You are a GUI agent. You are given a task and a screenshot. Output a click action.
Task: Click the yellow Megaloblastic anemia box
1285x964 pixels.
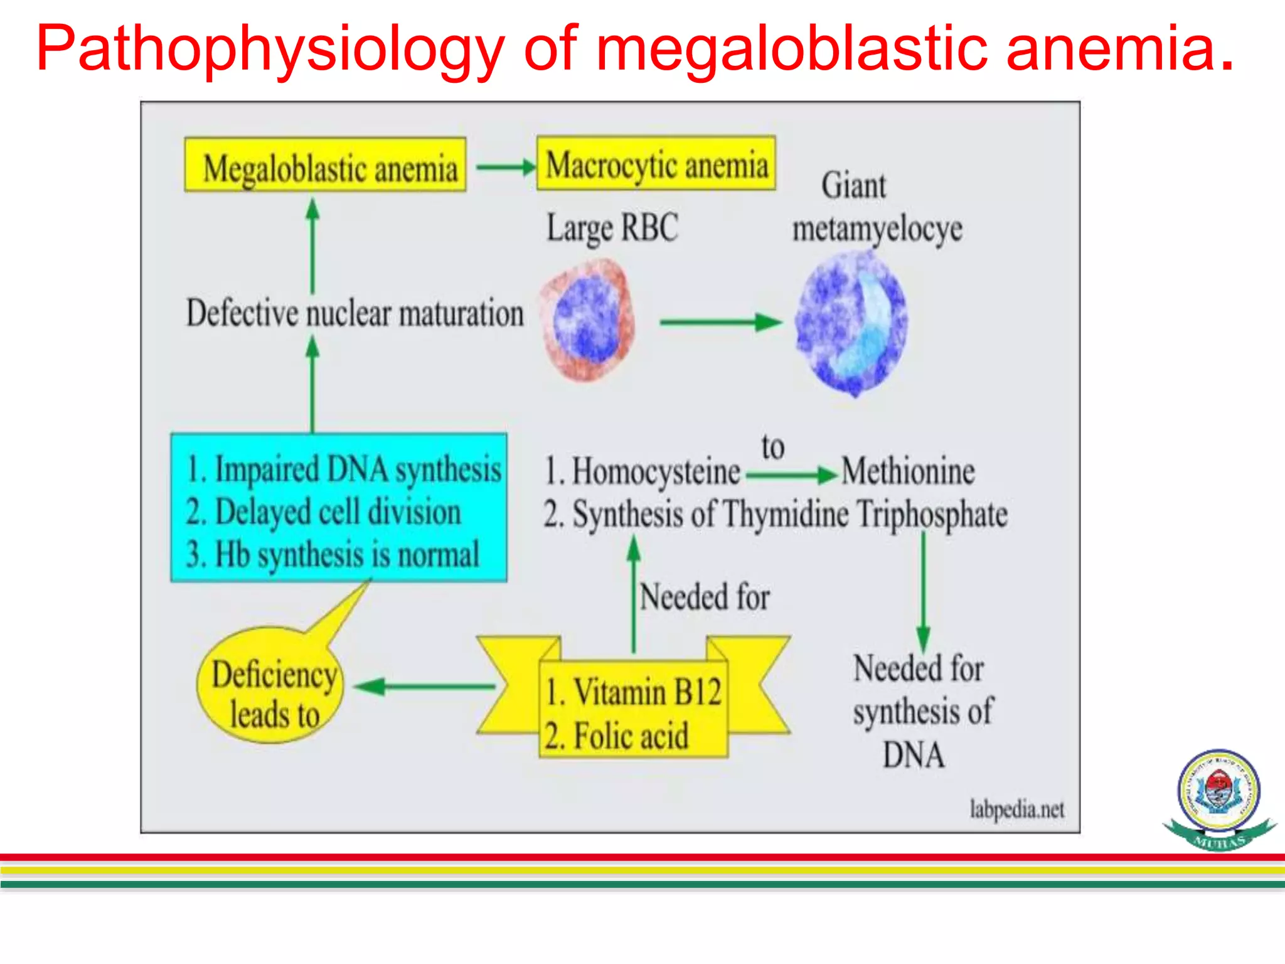[x=325, y=165]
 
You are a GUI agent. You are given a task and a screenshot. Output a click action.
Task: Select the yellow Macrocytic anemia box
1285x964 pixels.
[x=656, y=163]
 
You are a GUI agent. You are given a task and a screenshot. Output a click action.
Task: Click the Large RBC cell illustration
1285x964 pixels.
[x=588, y=321]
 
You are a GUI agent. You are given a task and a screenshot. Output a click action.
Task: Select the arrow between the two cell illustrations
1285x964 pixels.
[x=720, y=323]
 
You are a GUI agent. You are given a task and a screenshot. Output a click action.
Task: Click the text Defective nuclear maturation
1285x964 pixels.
[x=355, y=313]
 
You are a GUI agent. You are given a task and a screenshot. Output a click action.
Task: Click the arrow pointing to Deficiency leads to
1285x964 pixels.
[x=427, y=686]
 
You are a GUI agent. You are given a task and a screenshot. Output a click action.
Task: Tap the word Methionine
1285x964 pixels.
[x=908, y=471]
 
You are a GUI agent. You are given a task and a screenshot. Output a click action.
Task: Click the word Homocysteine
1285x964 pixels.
[x=656, y=471]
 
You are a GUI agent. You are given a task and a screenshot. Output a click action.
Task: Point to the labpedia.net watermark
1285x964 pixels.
[x=1017, y=809]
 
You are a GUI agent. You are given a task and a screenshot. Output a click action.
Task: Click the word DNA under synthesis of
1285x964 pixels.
[x=914, y=754]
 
